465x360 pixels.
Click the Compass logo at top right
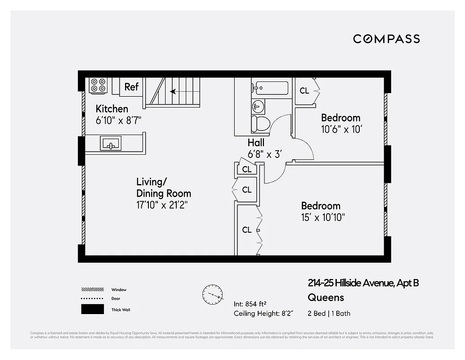click(386, 39)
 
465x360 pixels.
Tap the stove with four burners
click(98, 85)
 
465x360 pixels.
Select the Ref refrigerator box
click(131, 86)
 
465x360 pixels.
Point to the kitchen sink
click(111, 144)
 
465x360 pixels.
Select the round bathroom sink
click(258, 107)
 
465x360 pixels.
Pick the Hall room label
click(256, 143)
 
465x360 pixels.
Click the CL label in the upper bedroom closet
click(304, 90)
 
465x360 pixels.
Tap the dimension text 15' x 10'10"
click(323, 218)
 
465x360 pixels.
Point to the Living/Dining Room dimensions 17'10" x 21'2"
click(162, 206)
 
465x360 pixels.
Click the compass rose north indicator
click(213, 295)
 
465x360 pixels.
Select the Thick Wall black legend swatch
click(92, 310)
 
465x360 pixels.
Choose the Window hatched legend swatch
click(92, 290)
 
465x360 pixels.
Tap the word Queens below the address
click(326, 297)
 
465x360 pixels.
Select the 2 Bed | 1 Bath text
click(329, 314)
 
